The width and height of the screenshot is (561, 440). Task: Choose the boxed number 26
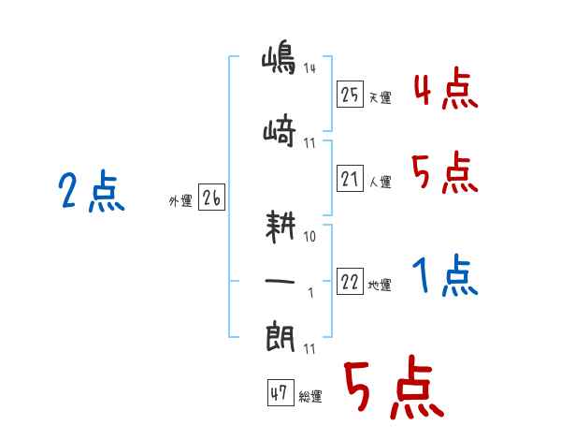211,198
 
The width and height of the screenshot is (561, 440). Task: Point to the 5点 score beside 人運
445,173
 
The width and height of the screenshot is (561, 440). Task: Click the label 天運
381,97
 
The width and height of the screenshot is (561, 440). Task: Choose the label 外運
180,199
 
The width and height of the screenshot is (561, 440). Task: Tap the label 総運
310,397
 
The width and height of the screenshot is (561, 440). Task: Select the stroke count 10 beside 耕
310,236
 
